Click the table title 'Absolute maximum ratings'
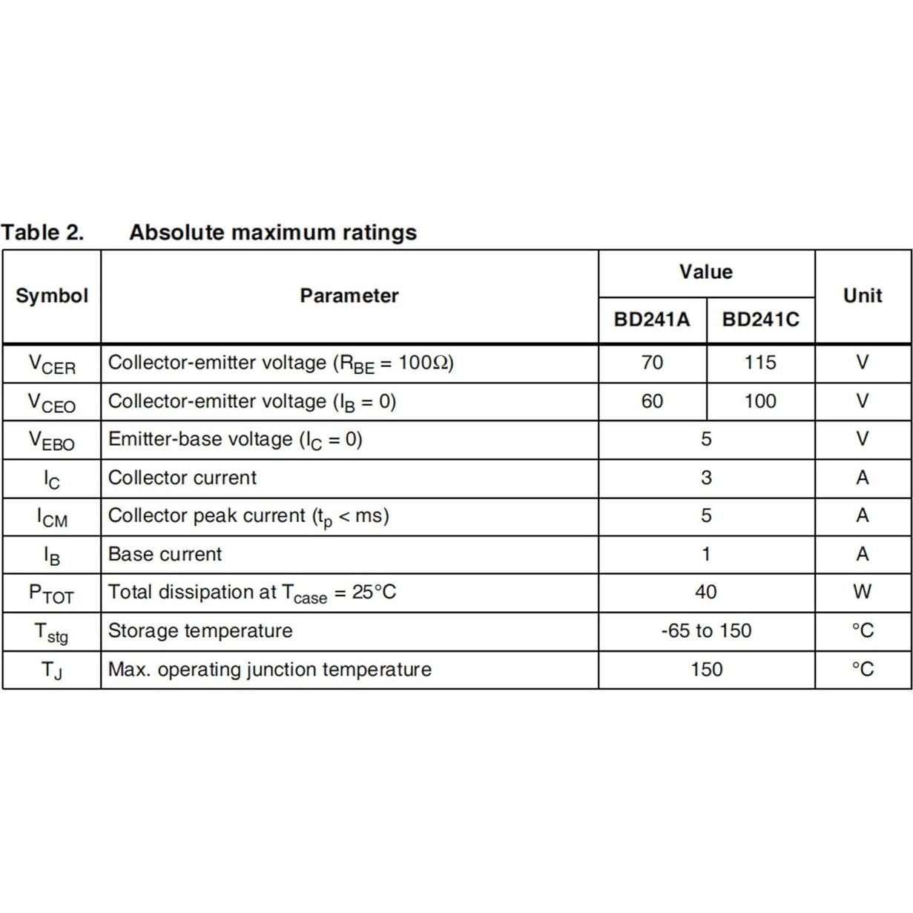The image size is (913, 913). pyautogui.click(x=273, y=233)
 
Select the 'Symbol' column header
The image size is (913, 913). pyautogui.click(x=52, y=296)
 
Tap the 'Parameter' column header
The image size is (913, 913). pyautogui.click(x=349, y=296)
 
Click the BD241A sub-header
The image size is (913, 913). pyautogui.click(x=652, y=320)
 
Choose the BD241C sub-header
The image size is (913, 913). pyautogui.click(x=761, y=320)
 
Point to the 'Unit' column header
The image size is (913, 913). pyautogui.click(x=863, y=296)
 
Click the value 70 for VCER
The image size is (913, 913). pyautogui.click(x=652, y=363)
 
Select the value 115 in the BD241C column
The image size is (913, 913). pyautogui.click(x=760, y=363)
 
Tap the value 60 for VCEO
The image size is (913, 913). pyautogui.click(x=652, y=401)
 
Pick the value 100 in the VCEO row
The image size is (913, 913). pyautogui.click(x=760, y=401)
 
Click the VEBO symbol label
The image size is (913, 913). pyautogui.click(x=52, y=441)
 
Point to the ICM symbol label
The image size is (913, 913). pyautogui.click(x=52, y=517)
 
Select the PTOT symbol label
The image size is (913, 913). pyautogui.click(x=52, y=593)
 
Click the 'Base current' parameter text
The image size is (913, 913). pyautogui.click(x=165, y=554)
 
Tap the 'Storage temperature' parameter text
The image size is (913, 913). pyautogui.click(x=200, y=631)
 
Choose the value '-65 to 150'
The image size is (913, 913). pyautogui.click(x=706, y=631)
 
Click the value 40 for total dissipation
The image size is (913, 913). pyautogui.click(x=706, y=592)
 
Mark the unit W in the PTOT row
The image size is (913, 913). pyautogui.click(x=863, y=592)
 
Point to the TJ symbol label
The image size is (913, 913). pyautogui.click(x=52, y=670)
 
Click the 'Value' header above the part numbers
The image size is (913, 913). pyautogui.click(x=706, y=272)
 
